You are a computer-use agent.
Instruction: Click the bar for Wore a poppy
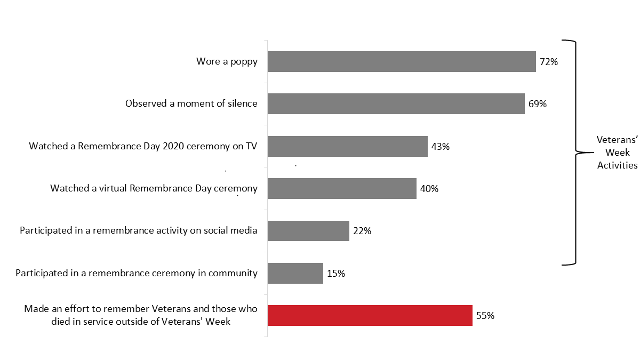pyautogui.click(x=401, y=62)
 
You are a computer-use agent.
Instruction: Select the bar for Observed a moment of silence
pyautogui.click(x=396, y=104)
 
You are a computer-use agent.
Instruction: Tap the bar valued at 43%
pyautogui.click(x=347, y=146)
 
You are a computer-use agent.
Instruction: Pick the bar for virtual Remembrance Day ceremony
pyautogui.click(x=341, y=189)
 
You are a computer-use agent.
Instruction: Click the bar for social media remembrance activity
pyautogui.click(x=308, y=231)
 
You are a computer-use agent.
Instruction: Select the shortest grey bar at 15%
pyautogui.click(x=295, y=273)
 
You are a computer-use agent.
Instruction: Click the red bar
pyautogui.click(x=370, y=316)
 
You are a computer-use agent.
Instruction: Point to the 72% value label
pyautogui.click(x=548, y=62)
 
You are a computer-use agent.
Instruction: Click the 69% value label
pyautogui.click(x=537, y=104)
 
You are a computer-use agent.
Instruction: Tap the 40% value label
pyautogui.click(x=429, y=189)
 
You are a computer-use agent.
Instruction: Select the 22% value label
pyautogui.click(x=362, y=231)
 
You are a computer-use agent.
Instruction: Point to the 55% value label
pyautogui.click(x=485, y=316)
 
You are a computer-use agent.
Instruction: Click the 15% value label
pyautogui.click(x=335, y=274)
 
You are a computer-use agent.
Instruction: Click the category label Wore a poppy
pyautogui.click(x=227, y=62)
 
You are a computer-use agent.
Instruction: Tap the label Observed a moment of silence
pyautogui.click(x=191, y=104)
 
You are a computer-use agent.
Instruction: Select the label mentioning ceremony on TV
pyautogui.click(x=143, y=146)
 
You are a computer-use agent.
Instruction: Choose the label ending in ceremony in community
pyautogui.click(x=137, y=274)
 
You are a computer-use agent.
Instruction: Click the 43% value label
pyautogui.click(x=441, y=146)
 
